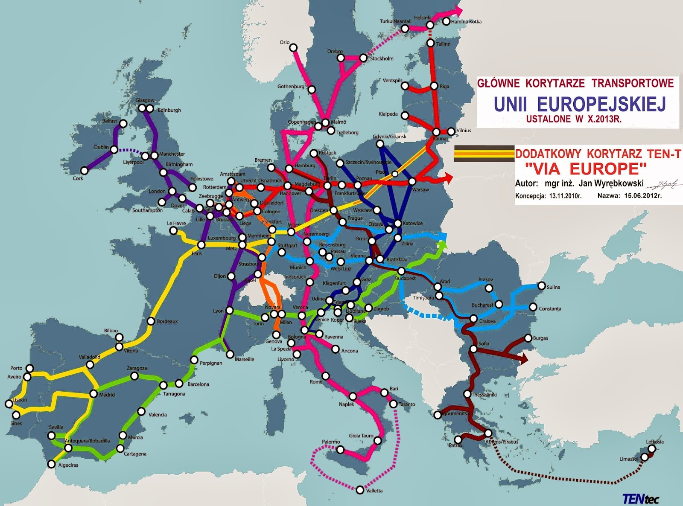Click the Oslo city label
(x=284, y=42)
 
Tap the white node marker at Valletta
(x=361, y=490)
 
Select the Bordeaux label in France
(x=167, y=321)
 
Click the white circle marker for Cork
(x=85, y=171)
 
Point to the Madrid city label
(x=107, y=395)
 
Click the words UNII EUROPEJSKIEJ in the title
(x=580, y=104)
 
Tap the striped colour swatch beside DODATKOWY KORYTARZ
(x=484, y=154)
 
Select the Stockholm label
(x=382, y=58)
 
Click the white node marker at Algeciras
(x=52, y=464)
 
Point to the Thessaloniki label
(x=484, y=395)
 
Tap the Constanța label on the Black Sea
(x=550, y=308)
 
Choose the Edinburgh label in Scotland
(x=169, y=110)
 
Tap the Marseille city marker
(x=230, y=354)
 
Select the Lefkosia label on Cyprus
(x=654, y=442)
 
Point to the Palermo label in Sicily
(x=331, y=442)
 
